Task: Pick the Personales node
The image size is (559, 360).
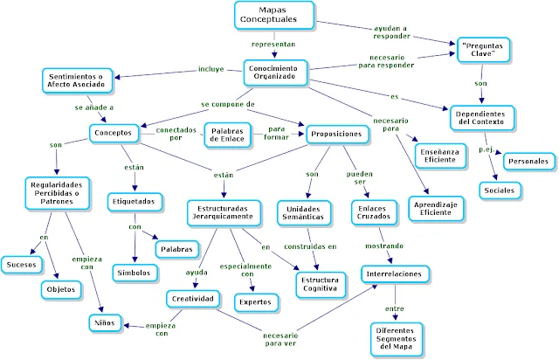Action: pos(528,161)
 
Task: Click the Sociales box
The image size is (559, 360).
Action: pos(500,189)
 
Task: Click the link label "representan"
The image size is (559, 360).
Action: pos(273,41)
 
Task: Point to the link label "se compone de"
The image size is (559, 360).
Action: pos(227,103)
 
